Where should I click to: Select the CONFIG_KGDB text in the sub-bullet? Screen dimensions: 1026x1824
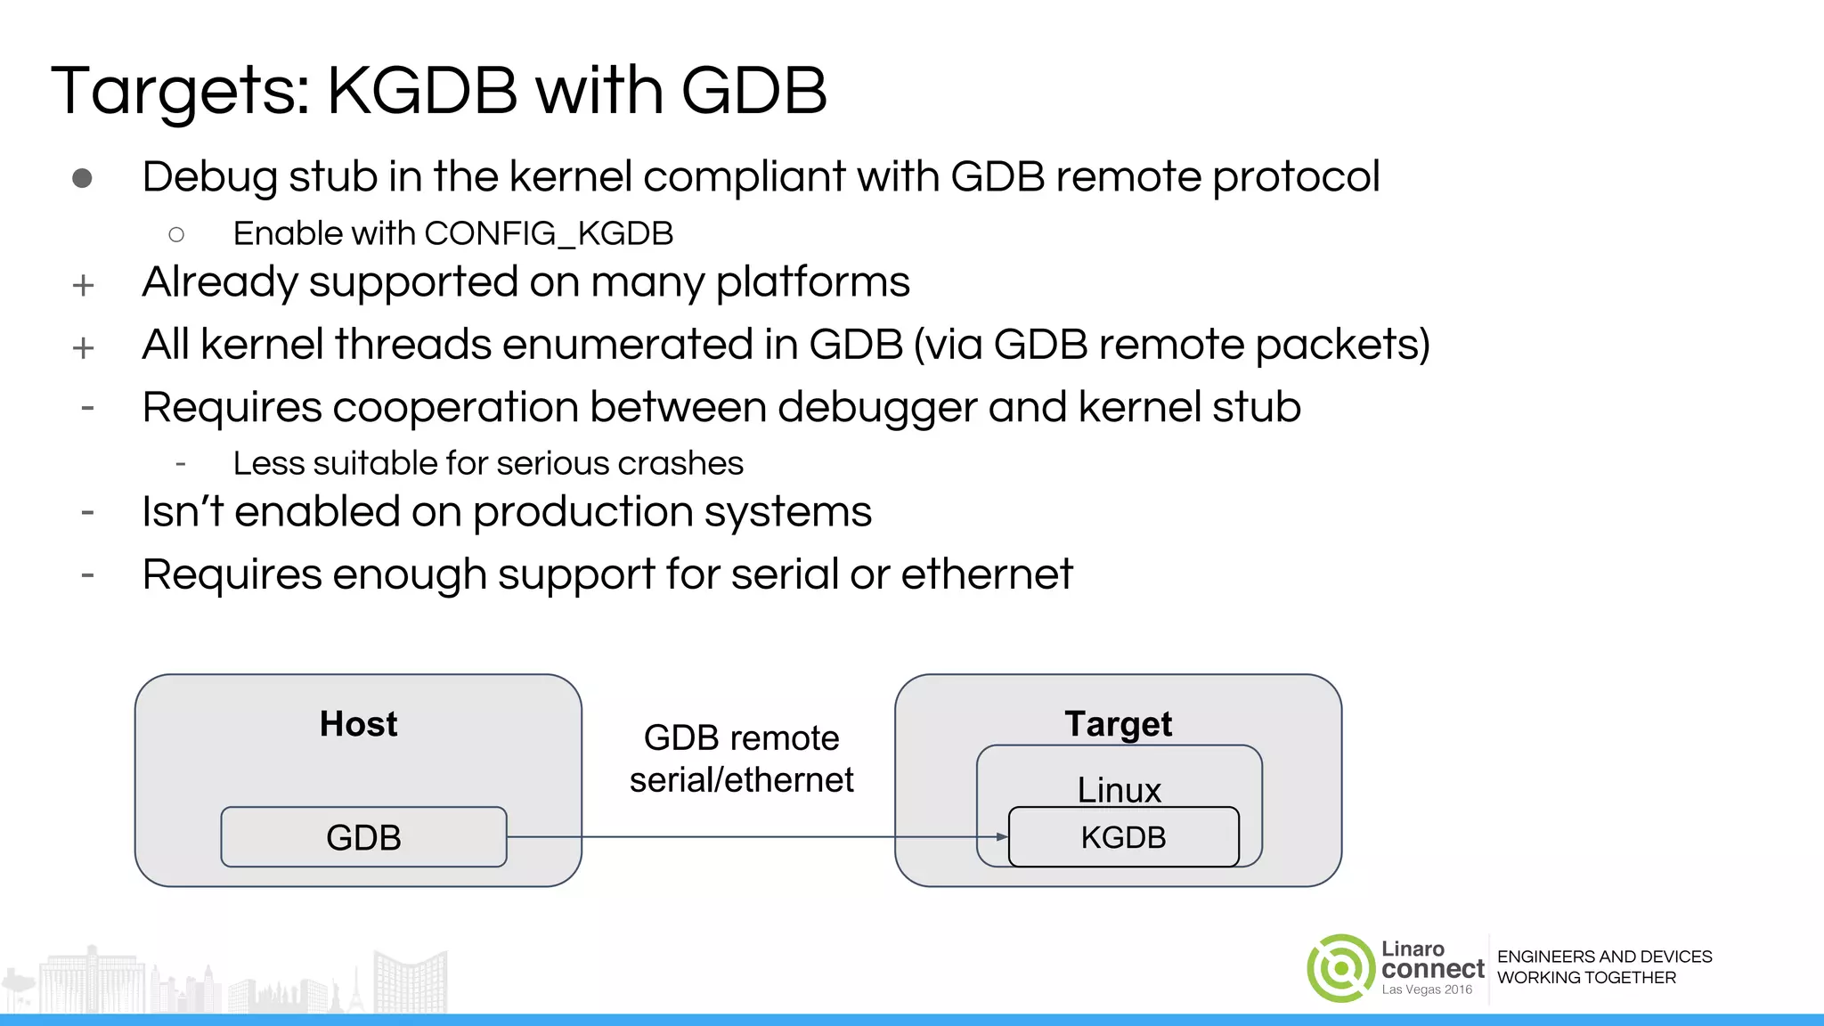549,233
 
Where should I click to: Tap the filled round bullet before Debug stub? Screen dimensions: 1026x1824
82,178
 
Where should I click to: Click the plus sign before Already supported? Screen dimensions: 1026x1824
83,285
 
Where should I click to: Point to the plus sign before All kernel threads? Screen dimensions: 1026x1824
83,347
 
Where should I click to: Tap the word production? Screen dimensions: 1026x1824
582,513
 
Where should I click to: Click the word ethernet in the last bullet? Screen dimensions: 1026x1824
987,574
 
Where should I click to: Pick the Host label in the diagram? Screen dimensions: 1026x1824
358,724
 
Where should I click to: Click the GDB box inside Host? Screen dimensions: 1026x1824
363,837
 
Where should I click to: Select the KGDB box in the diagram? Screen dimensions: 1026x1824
1123,837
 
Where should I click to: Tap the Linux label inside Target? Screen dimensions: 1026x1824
1119,789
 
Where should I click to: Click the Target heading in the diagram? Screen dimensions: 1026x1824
1118,724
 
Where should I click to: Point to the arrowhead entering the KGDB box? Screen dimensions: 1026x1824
1002,837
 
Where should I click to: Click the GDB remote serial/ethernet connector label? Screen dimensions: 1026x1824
741,759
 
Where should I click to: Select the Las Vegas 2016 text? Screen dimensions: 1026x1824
1427,989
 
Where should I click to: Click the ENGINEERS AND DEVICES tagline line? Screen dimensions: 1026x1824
1604,957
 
